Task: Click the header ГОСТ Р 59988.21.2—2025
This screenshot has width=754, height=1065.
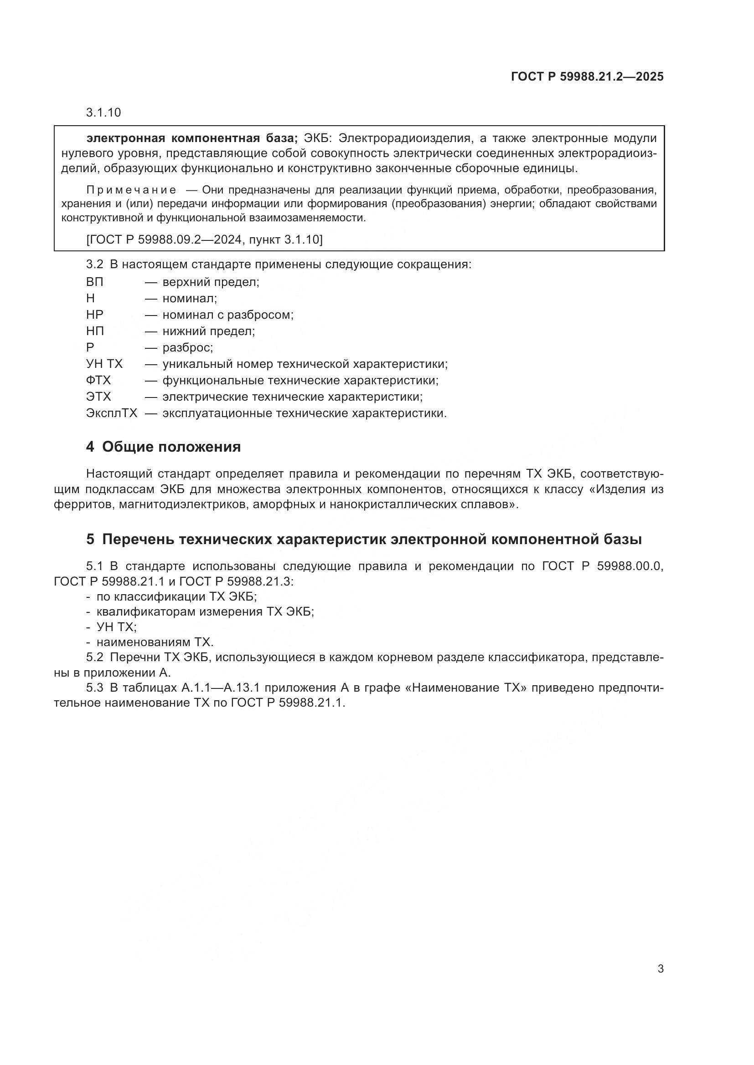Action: [587, 76]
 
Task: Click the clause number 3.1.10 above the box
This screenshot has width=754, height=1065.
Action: [103, 113]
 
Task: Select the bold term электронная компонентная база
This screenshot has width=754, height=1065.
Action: [192, 138]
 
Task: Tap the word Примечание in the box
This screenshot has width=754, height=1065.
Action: [131, 190]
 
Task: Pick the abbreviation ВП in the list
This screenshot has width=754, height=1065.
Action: [95, 282]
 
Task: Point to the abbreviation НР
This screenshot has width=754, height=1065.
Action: [95, 315]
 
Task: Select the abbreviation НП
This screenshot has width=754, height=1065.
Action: [95, 331]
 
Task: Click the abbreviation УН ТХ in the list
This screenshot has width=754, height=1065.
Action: [104, 364]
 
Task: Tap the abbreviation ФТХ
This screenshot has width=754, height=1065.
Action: [98, 381]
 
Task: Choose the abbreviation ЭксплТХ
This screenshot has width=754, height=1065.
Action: [111, 413]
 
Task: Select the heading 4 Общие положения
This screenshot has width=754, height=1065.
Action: [164, 447]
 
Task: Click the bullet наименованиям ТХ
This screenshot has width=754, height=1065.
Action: [155, 642]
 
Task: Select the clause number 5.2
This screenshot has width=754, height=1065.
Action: [94, 658]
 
